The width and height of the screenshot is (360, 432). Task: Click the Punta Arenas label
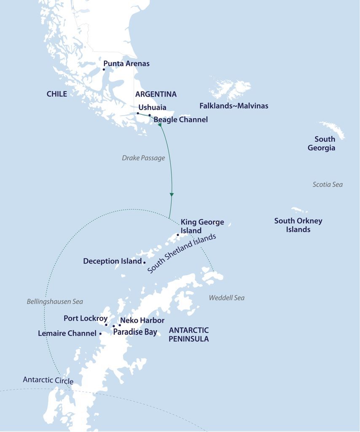126,64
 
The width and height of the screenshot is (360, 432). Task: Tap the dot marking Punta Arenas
104,70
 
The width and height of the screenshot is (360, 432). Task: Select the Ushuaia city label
152,107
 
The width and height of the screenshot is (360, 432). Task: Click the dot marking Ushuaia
138,113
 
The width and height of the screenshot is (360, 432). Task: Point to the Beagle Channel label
180,120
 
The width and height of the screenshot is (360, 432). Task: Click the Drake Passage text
143,158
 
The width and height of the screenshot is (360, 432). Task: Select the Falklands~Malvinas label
234,106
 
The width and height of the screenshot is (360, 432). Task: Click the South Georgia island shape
333,129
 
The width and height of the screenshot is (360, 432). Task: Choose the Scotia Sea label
328,184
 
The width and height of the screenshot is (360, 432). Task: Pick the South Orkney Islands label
298,225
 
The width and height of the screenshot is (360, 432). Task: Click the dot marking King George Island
178,235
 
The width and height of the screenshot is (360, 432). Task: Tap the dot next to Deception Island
145,262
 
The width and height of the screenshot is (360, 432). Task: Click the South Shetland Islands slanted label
182,254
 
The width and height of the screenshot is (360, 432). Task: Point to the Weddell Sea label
226,298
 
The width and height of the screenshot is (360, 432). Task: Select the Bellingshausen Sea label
55,302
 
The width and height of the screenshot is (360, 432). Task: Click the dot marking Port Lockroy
106,325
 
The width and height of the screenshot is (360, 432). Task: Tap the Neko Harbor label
142,321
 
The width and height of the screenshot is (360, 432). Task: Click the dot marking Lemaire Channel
100,333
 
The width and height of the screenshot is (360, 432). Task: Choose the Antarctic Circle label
48,380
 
